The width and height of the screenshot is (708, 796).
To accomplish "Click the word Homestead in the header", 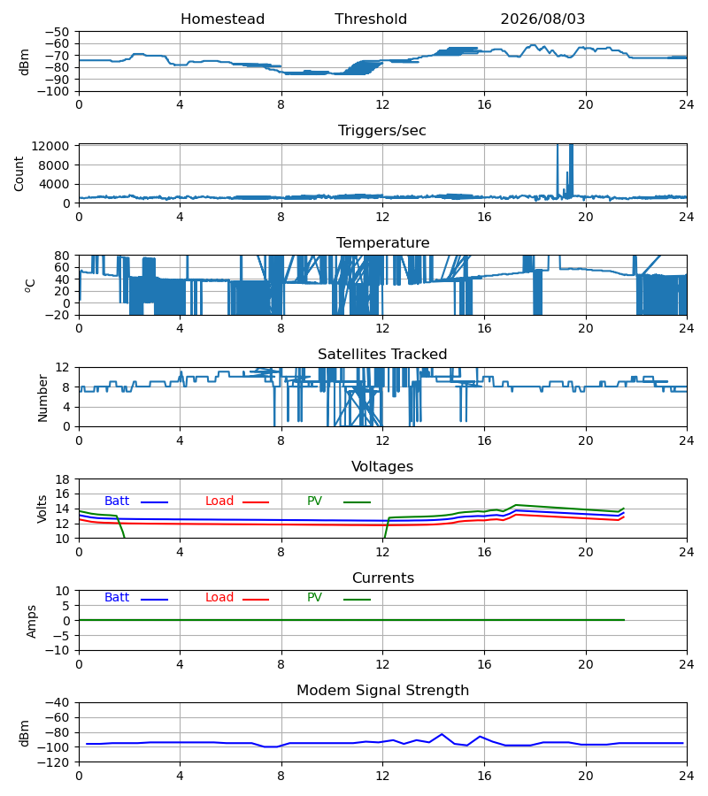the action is [222, 19].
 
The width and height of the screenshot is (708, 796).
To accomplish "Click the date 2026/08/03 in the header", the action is [543, 19].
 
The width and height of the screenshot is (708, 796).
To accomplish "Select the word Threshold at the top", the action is [371, 19].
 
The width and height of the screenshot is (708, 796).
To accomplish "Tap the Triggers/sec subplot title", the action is [382, 131].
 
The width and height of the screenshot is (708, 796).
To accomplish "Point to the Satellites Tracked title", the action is [382, 355].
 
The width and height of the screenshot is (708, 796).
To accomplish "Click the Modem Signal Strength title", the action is [382, 691].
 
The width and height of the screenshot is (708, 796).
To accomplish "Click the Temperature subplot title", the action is [382, 242].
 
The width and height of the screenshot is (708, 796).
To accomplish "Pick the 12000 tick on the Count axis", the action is [50, 146].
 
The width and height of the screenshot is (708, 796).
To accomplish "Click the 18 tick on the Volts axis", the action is [63, 479].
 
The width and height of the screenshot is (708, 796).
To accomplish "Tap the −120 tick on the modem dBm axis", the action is [58, 762].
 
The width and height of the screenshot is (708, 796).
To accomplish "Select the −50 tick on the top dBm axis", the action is [58, 32].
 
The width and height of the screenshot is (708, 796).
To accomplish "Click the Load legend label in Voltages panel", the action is [219, 501].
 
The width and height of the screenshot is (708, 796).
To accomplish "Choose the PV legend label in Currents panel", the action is [314, 598].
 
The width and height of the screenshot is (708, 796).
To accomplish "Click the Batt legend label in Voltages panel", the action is [117, 501].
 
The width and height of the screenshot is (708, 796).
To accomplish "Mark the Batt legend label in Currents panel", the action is [117, 598].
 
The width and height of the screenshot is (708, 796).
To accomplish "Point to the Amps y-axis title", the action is [32, 621].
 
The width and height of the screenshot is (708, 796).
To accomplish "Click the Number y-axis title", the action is [42, 398].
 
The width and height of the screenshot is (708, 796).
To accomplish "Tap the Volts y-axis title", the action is [42, 509].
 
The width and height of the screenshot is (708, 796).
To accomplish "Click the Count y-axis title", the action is [19, 173].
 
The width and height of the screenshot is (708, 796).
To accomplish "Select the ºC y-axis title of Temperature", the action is [30, 286].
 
